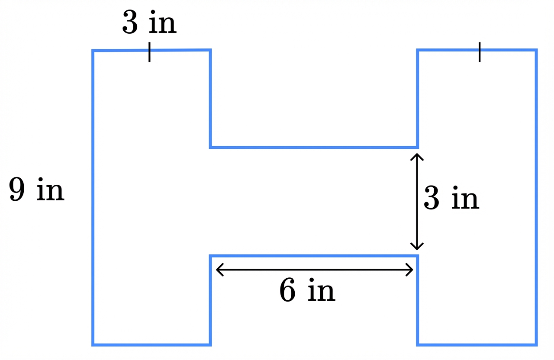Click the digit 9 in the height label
(17, 190)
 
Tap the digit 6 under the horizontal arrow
(288, 291)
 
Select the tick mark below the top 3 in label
(149, 52)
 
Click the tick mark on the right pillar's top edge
(480, 52)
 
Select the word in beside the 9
(50, 190)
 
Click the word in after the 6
(321, 291)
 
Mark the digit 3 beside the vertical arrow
(431, 199)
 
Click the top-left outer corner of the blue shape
(93, 51)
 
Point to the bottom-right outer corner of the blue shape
(536, 344)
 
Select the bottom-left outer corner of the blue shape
(93, 344)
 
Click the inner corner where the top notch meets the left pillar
(210, 147)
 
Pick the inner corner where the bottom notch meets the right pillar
(418, 256)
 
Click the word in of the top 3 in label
(163, 24)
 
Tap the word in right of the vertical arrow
(465, 199)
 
